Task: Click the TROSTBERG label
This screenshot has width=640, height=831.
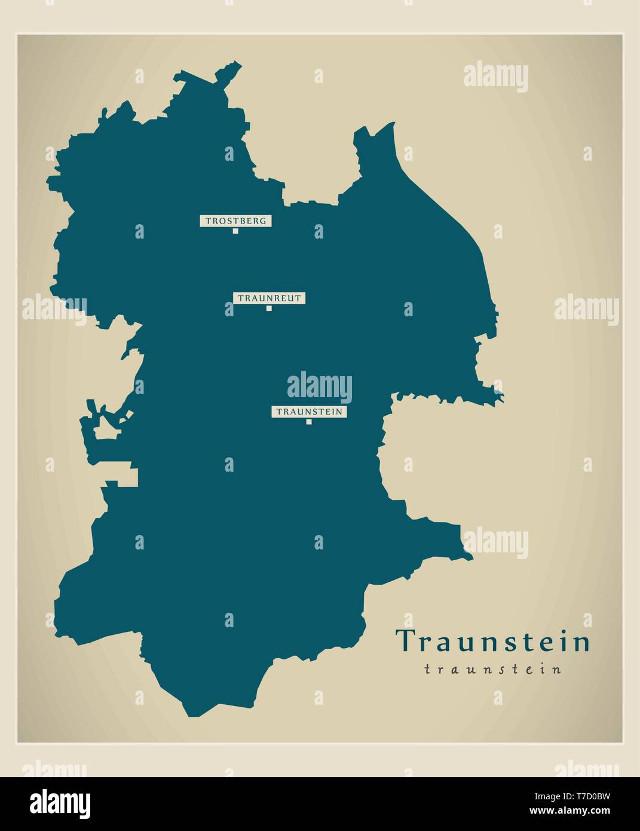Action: pos(235,221)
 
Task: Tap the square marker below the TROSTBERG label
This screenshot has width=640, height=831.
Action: pos(235,231)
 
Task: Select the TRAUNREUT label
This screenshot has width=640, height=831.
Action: pos(270,298)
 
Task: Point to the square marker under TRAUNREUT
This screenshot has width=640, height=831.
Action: pos(269,308)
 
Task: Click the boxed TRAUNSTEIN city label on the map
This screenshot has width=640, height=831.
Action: pos(309,411)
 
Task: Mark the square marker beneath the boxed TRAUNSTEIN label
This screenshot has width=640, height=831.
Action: pos(309,422)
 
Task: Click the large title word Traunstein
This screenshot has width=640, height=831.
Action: pos(493,641)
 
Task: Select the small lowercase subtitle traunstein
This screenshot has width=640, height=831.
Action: pos(493,670)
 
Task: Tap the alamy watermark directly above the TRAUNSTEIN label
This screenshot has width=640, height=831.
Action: pos(320,387)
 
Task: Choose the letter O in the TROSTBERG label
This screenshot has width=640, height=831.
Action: pos(222,221)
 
